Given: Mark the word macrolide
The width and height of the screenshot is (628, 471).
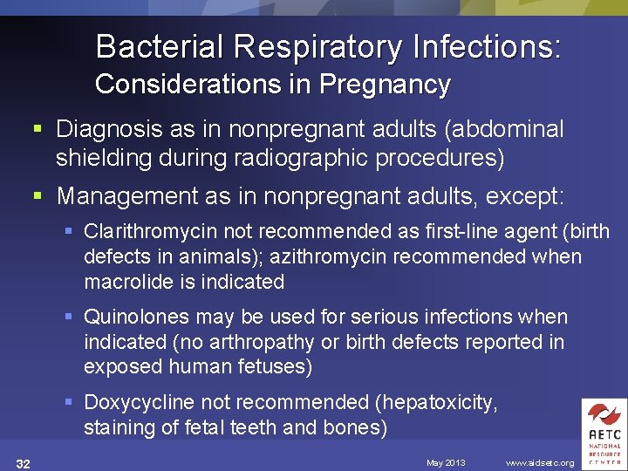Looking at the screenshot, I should pyautogui.click(x=124, y=282).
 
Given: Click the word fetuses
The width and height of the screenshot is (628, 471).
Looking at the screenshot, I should pyautogui.click(x=275, y=367).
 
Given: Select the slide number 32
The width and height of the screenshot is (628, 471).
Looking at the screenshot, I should pyautogui.click(x=24, y=463).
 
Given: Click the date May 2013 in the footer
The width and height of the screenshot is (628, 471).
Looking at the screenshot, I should pyautogui.click(x=446, y=462).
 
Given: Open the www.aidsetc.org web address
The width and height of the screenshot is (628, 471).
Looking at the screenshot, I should pyautogui.click(x=540, y=462).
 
